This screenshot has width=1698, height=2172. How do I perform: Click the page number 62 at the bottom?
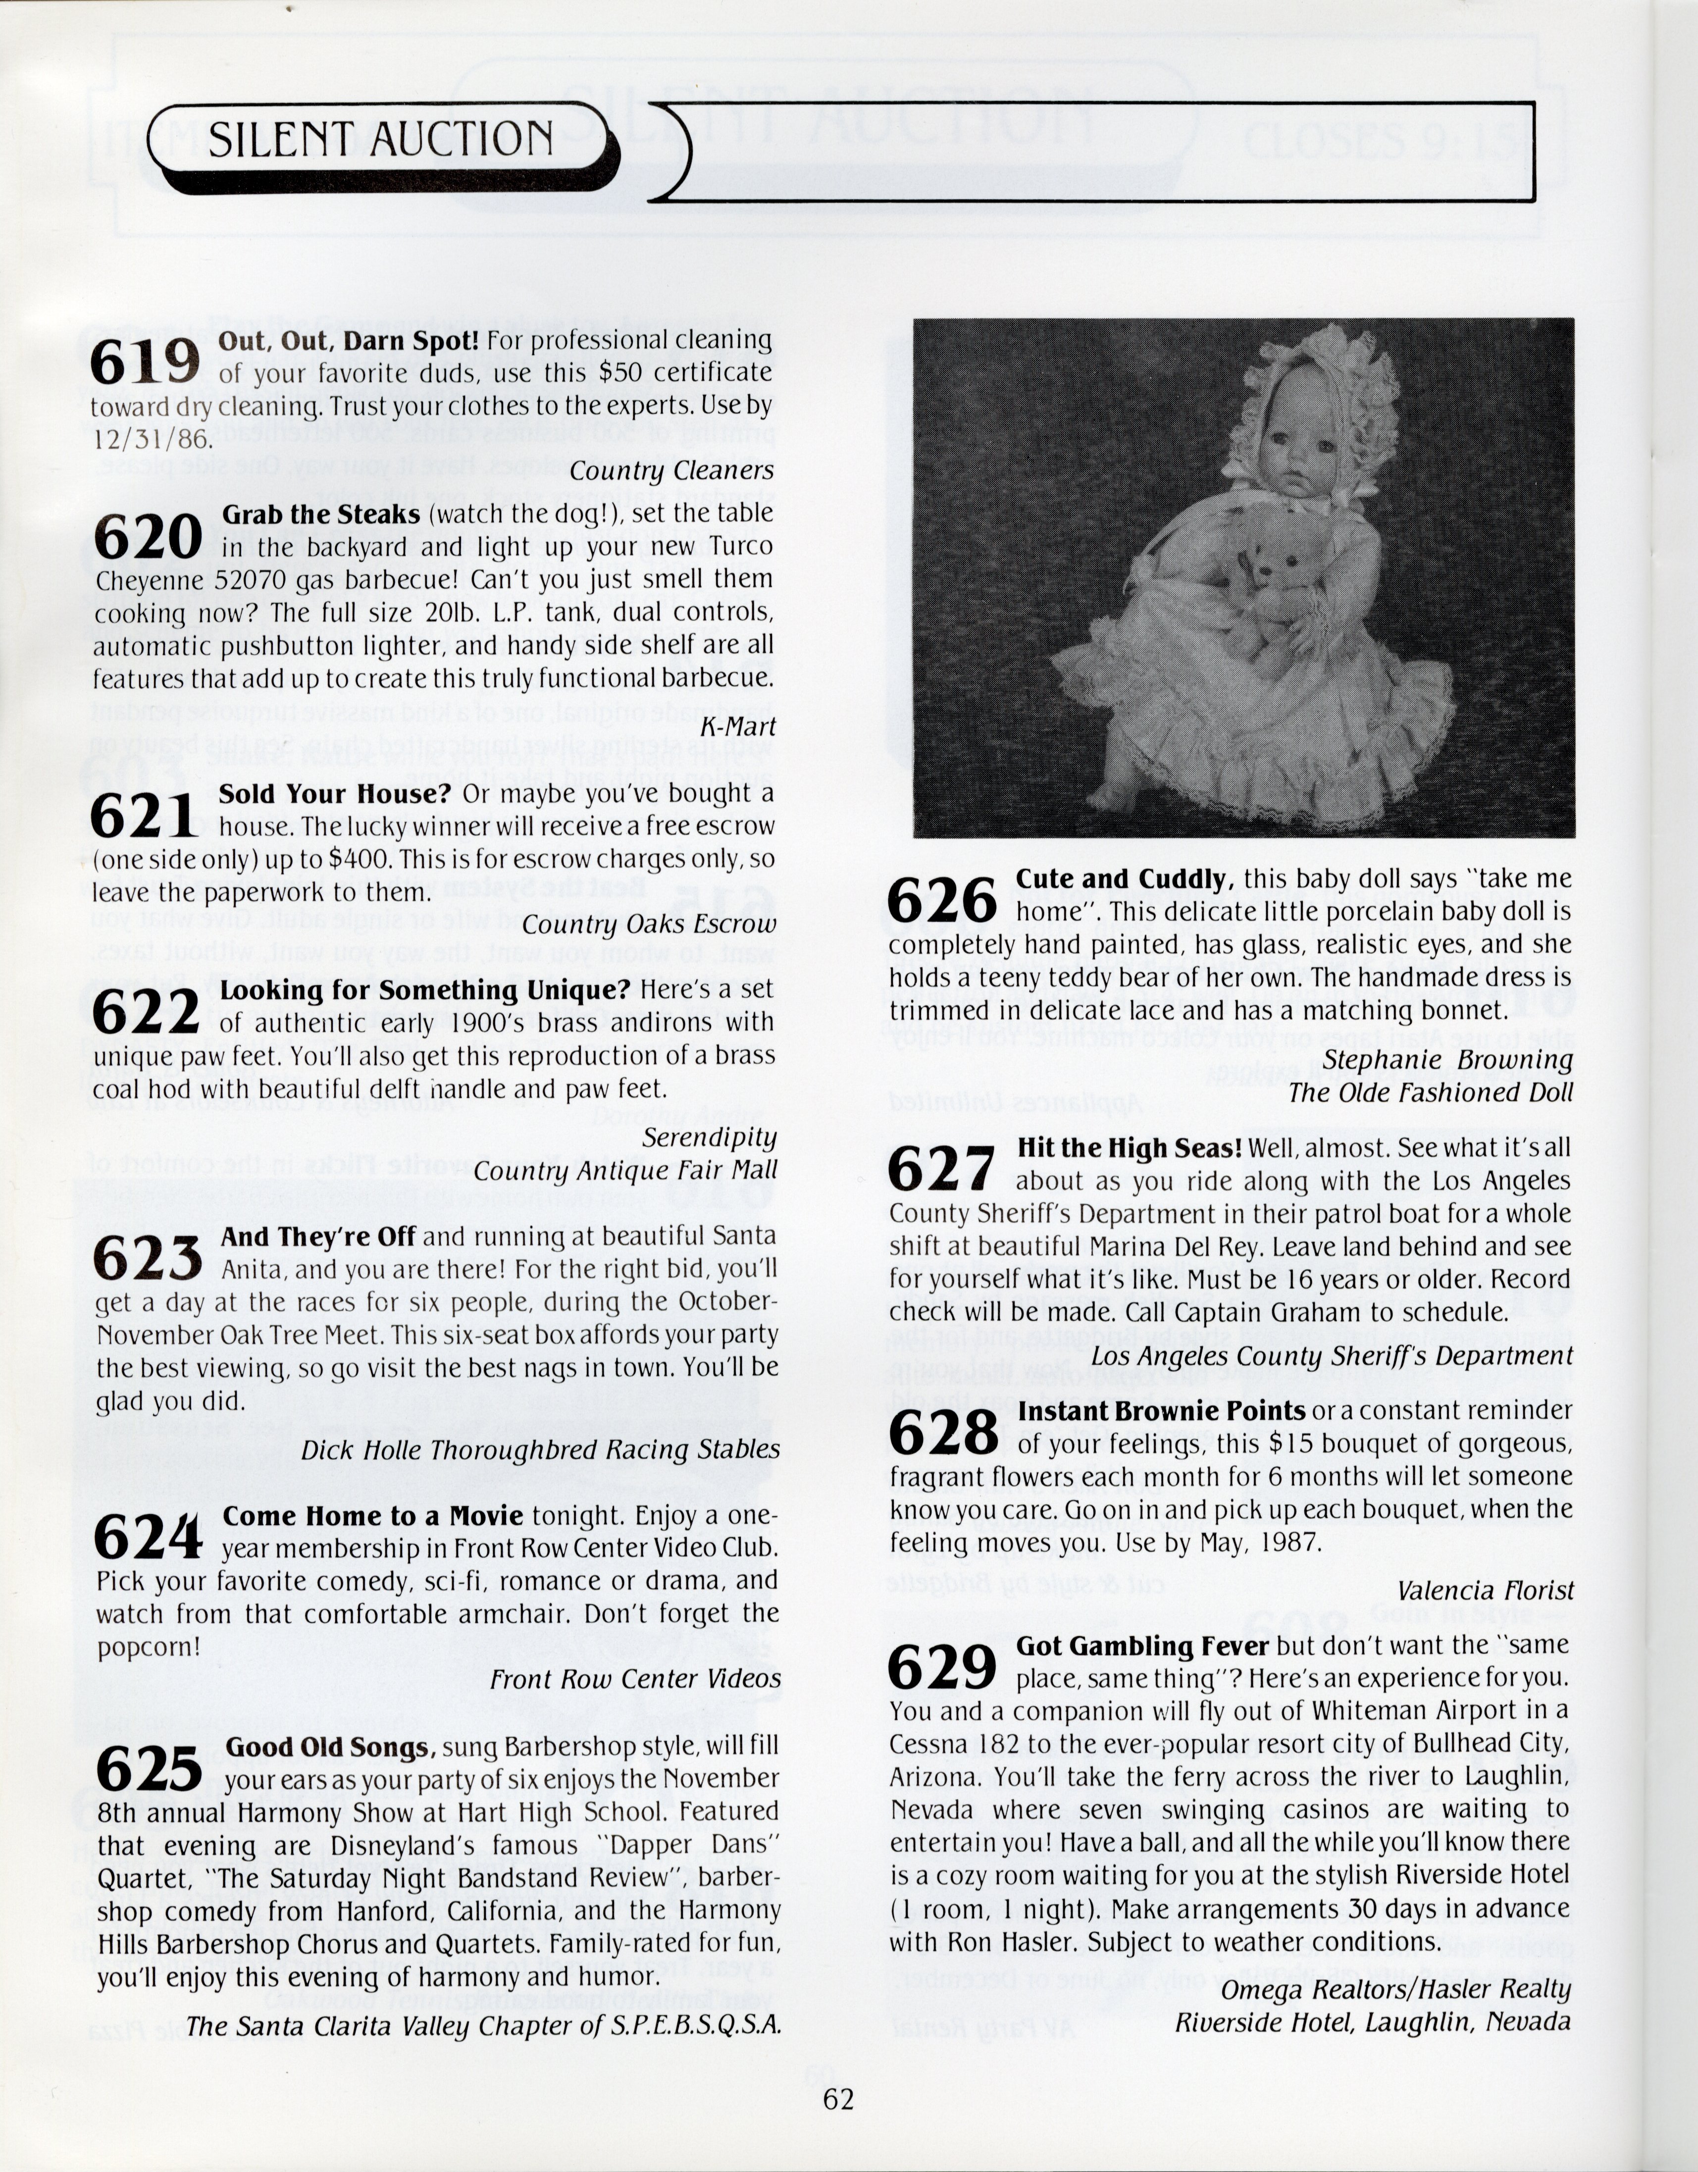(837, 2099)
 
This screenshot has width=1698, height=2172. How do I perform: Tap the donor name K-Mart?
(737, 727)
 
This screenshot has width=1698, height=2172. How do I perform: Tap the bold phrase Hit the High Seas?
(1129, 1148)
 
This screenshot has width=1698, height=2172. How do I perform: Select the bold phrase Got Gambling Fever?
(1141, 1646)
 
